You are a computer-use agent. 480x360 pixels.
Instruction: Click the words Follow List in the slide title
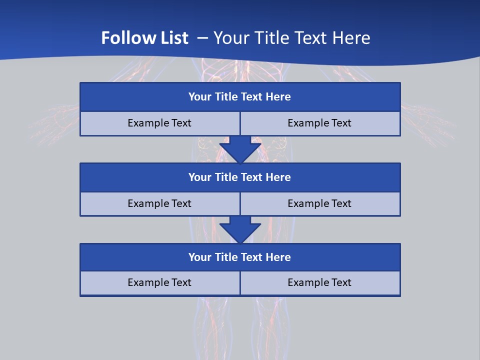pos(144,38)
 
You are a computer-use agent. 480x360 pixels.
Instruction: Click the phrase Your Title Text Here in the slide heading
pos(292,38)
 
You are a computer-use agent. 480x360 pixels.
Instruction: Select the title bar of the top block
pos(240,97)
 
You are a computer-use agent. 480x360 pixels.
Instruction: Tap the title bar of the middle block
pos(240,177)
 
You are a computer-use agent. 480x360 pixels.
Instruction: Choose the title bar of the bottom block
pos(240,257)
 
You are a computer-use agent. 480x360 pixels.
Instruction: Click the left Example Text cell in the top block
pos(159,123)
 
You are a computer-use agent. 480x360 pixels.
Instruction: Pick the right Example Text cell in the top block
pos(319,123)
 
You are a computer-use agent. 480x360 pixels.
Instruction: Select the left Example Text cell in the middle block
pos(159,203)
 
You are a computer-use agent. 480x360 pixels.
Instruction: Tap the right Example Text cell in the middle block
pos(319,203)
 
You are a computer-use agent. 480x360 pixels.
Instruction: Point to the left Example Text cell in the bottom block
pos(159,282)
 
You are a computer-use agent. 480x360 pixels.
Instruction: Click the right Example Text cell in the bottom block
pos(319,282)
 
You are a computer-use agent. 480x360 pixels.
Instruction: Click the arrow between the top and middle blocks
pos(240,149)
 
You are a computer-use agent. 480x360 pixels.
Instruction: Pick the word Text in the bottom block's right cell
pos(341,282)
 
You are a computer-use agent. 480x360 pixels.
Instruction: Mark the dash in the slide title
pos(203,38)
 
